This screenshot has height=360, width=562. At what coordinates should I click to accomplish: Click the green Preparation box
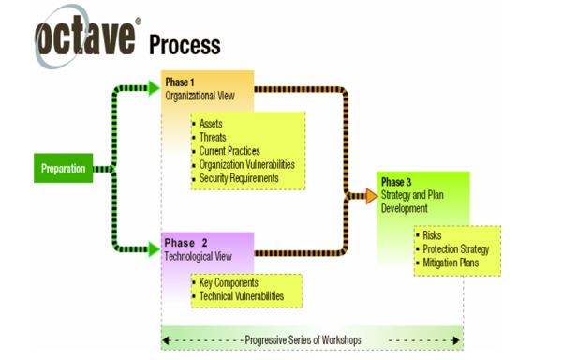[x=63, y=169]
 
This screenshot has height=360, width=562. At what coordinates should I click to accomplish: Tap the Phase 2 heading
[x=186, y=243]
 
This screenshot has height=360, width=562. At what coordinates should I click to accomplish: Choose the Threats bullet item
[x=214, y=138]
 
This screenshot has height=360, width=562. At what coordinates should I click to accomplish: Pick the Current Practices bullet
[x=229, y=151]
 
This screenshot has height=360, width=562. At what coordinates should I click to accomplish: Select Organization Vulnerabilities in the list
[x=247, y=164]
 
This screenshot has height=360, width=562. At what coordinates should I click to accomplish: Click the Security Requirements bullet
[x=239, y=177]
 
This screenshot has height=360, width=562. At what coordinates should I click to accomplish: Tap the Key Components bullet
[x=228, y=282]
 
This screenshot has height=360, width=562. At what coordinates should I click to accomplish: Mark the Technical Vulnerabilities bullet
[x=243, y=295]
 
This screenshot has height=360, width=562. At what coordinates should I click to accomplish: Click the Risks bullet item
[x=432, y=236]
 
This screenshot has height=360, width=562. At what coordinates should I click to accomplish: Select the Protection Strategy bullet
[x=456, y=249]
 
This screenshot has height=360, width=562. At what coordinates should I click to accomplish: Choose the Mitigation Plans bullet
[x=451, y=262]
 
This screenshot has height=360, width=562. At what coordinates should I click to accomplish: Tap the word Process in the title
[x=185, y=44]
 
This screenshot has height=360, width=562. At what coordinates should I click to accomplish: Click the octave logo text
[x=88, y=40]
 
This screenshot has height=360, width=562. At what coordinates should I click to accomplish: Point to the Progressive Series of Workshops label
[x=312, y=338]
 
